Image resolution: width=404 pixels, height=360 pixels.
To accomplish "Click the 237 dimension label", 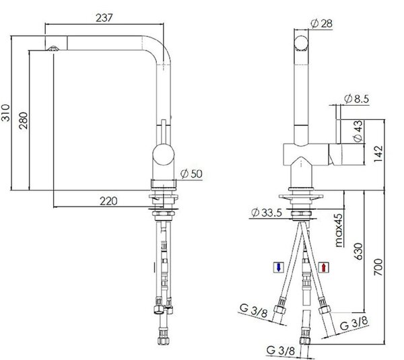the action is pyautogui.click(x=104, y=18).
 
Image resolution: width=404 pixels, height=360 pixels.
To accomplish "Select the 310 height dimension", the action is pyautogui.click(x=5, y=113).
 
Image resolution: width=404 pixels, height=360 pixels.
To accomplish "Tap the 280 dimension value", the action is pyautogui.click(x=24, y=120).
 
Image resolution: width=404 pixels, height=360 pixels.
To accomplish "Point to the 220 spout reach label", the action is pyautogui.click(x=108, y=201).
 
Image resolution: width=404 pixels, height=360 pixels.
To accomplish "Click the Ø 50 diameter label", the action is pyautogui.click(x=191, y=174).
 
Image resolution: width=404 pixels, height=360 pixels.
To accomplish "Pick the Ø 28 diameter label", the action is pyautogui.click(x=322, y=24).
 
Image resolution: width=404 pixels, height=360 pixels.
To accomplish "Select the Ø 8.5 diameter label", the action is pyautogui.click(x=357, y=99).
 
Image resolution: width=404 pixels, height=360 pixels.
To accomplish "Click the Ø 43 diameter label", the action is pyautogui.click(x=358, y=131).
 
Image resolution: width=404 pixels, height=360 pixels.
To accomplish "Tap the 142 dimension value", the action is pyautogui.click(x=378, y=154).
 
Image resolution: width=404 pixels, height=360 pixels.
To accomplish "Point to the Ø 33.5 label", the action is pyautogui.click(x=267, y=213).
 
